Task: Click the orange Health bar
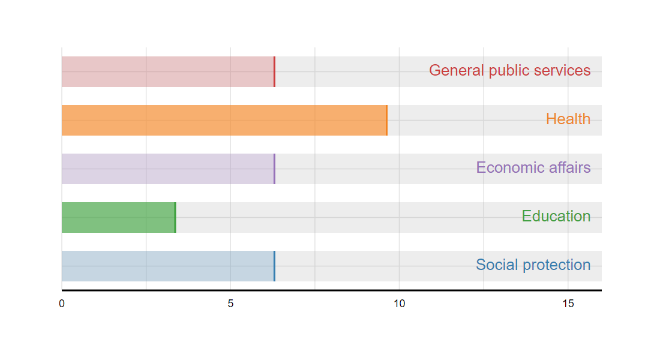point(224,121)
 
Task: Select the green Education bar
point(119,217)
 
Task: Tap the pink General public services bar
point(169,71)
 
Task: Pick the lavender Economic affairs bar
point(169,169)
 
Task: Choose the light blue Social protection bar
point(169,266)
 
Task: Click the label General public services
point(510,71)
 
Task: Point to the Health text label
point(568,119)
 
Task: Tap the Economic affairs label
point(533,167)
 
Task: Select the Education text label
point(556,216)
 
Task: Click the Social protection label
point(533,265)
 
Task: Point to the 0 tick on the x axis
point(62,304)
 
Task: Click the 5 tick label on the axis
point(230,304)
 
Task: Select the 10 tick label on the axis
point(400,304)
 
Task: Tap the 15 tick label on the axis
point(568,304)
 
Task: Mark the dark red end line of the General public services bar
point(274,71)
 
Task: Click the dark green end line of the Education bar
point(175,217)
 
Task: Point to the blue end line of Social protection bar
point(274,266)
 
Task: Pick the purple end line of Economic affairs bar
point(274,169)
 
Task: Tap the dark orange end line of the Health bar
point(387,121)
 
